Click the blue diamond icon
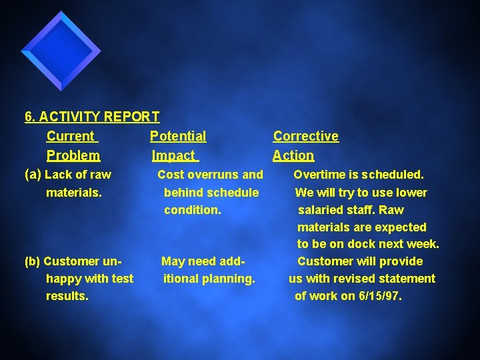[x=61, y=51]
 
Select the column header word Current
[x=71, y=137]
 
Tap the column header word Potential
[x=178, y=137]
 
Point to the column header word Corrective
[x=306, y=137]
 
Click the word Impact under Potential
[x=173, y=156]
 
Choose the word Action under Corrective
[x=293, y=156]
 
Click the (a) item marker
[x=33, y=175]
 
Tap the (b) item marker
[x=33, y=261]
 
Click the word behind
[x=185, y=193]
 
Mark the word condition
[x=192, y=210]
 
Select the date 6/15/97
[x=379, y=296]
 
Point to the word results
[x=67, y=296]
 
